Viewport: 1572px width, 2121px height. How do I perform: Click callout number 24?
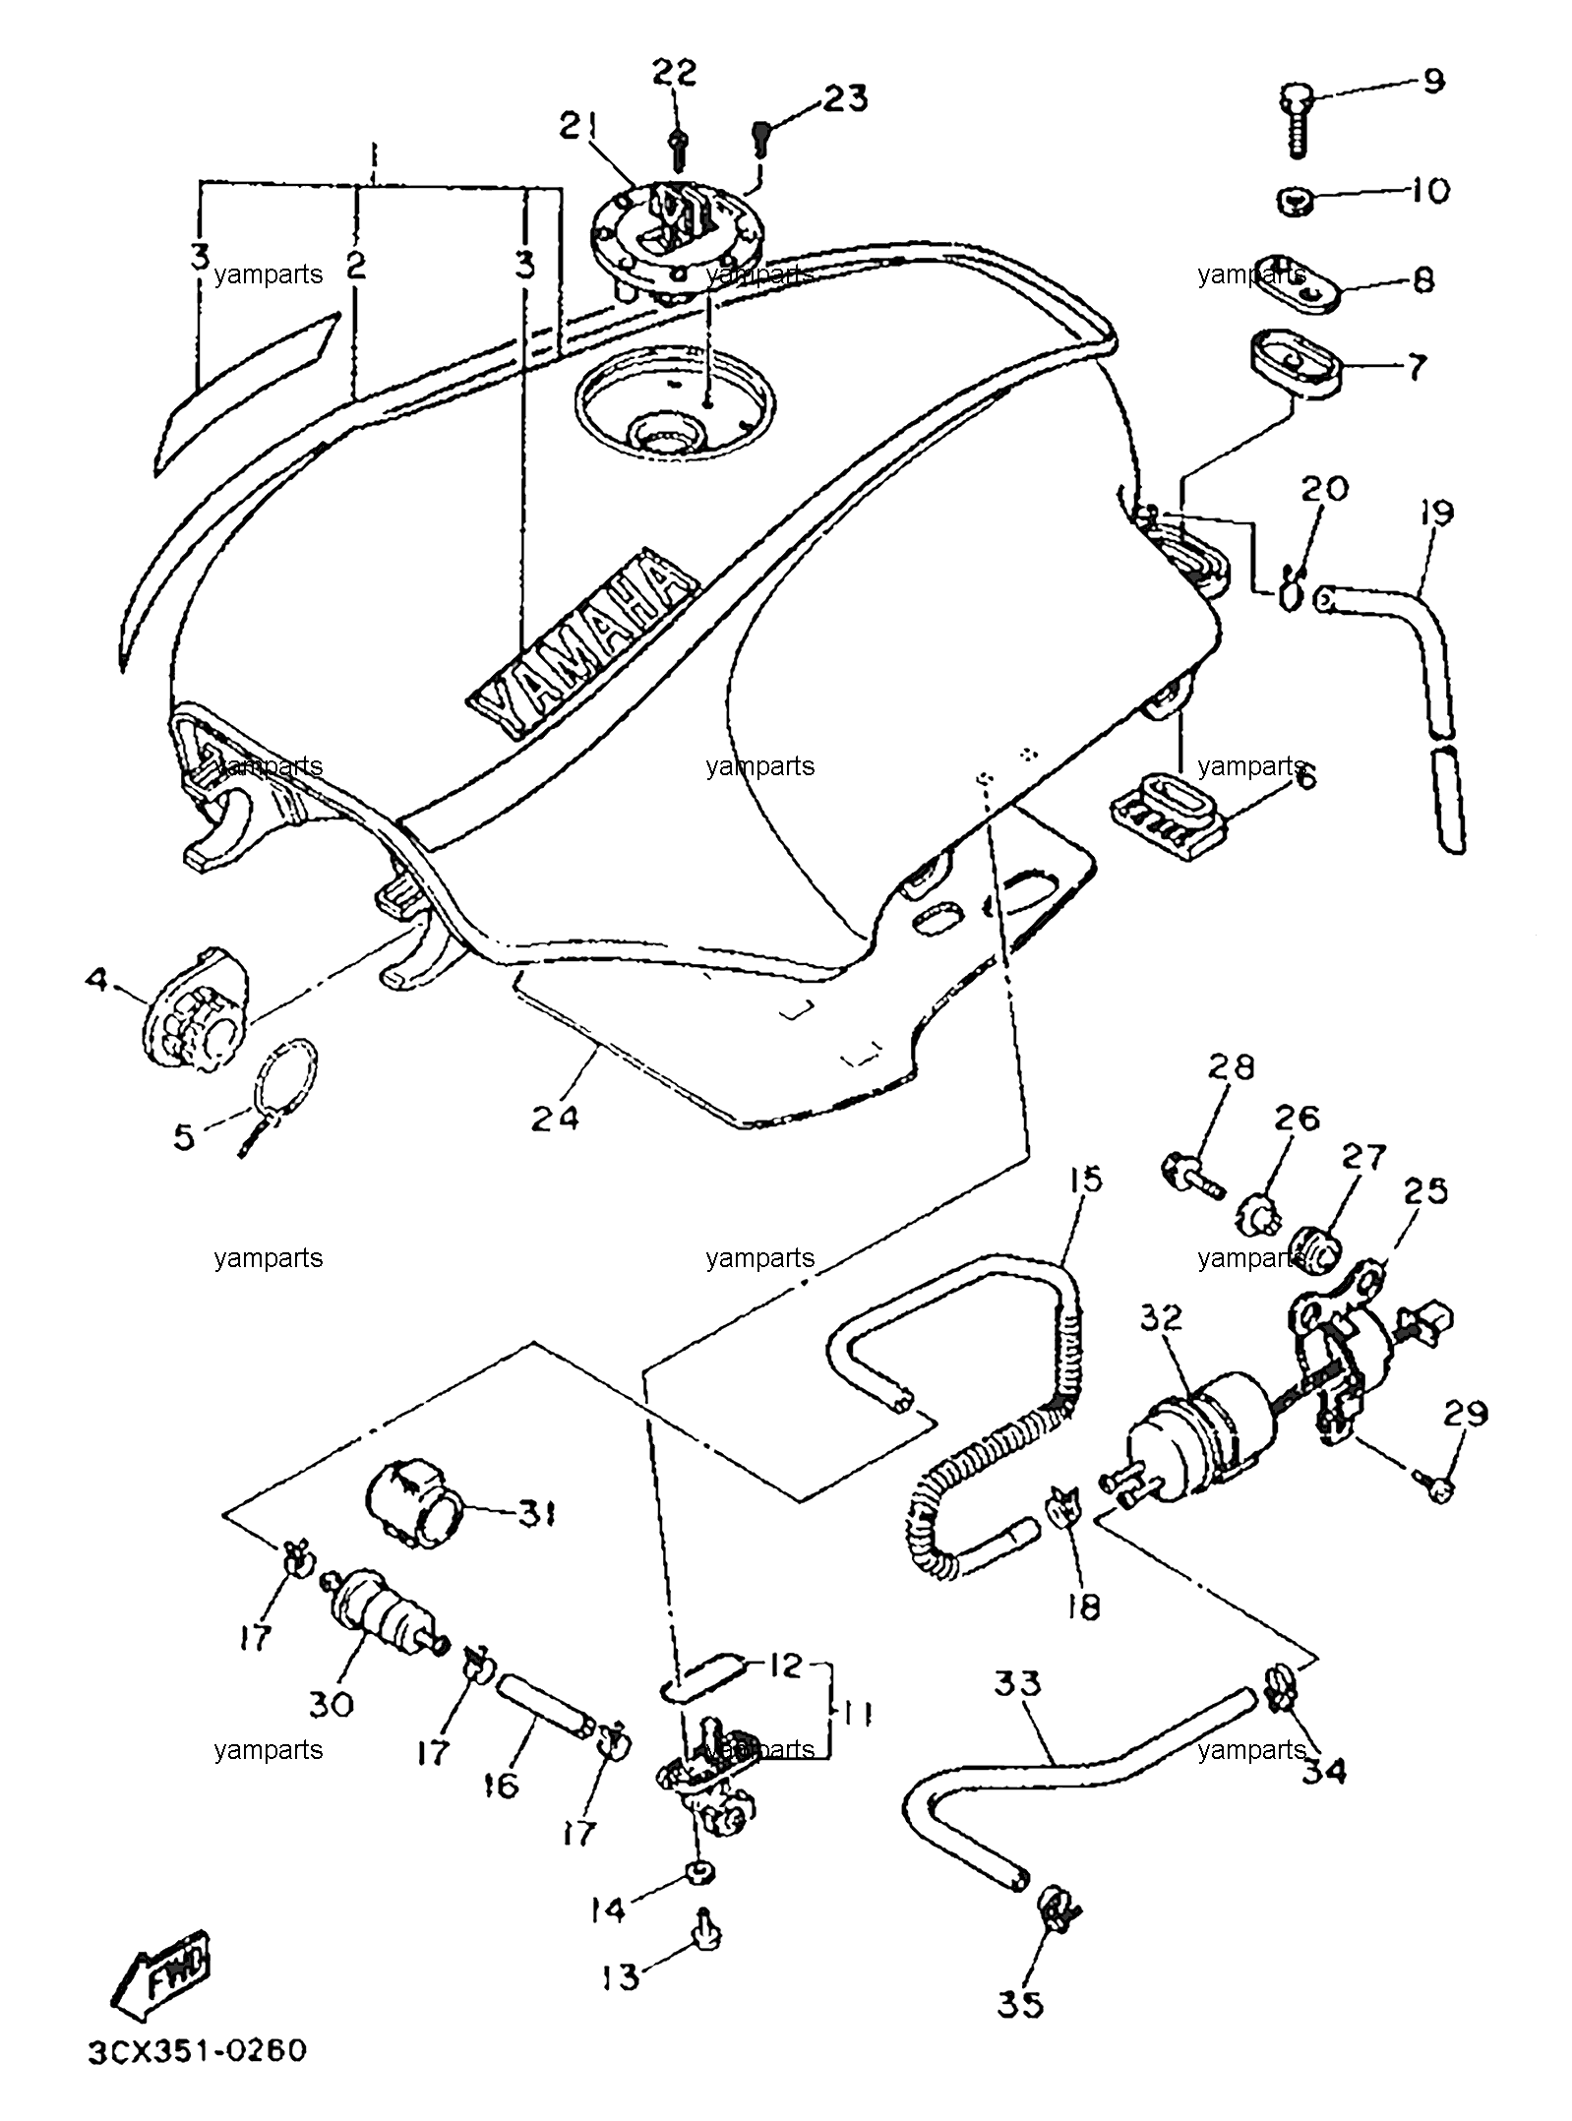555,1118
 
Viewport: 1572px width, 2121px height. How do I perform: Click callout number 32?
1162,1318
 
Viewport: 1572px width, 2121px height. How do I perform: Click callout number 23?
846,98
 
